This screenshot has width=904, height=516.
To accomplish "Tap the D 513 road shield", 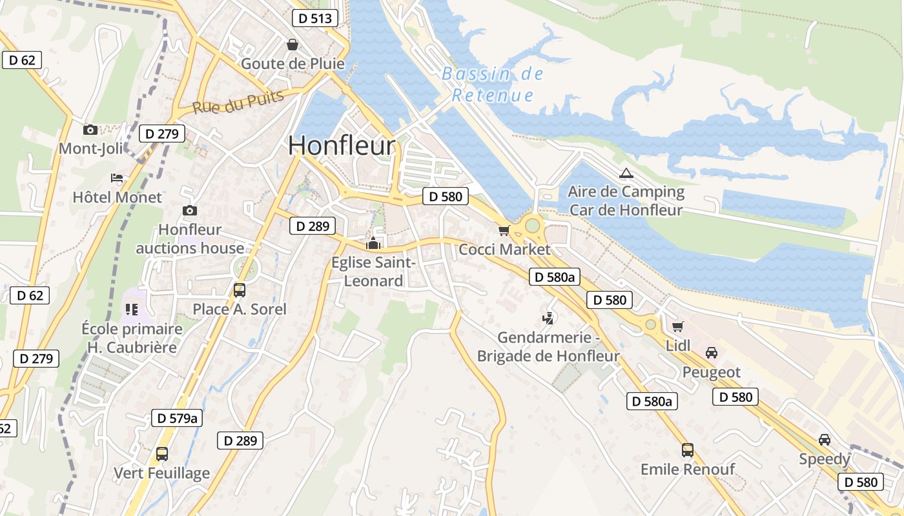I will (315, 18).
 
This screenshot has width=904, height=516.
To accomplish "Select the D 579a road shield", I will (177, 418).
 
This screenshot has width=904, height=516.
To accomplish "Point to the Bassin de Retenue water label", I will (493, 84).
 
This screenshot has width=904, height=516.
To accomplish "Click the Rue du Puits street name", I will (238, 102).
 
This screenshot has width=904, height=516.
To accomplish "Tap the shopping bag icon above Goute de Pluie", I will (293, 45).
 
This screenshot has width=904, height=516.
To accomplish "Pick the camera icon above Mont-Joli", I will (90, 130).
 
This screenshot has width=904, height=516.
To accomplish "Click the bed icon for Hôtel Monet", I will (117, 178).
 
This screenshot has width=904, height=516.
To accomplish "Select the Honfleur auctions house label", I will (190, 239).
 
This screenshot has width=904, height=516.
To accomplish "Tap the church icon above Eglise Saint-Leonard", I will (373, 244).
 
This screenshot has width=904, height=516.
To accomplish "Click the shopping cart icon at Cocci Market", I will (504, 230).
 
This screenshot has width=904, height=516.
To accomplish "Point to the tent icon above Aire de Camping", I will (626, 173).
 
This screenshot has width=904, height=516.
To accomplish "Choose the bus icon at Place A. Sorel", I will (240, 290).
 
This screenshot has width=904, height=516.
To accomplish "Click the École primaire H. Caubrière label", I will (132, 338).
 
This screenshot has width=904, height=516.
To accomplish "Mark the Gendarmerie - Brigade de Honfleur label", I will (548, 346).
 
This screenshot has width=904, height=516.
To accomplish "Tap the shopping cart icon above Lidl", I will (677, 327).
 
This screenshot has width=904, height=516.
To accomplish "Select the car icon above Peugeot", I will (712, 353).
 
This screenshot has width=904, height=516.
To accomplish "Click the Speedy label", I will (825, 459).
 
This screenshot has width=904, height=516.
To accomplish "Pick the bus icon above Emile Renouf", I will (688, 450).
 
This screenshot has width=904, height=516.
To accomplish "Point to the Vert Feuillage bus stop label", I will (162, 473).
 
